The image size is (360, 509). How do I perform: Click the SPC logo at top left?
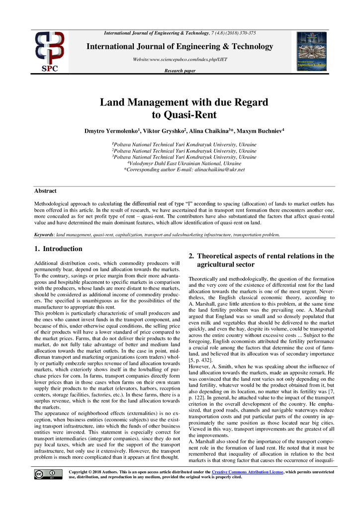[49, 51]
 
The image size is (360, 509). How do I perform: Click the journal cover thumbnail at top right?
[311, 51]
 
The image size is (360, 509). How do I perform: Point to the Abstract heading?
[45, 191]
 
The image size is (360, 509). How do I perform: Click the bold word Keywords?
[44, 234]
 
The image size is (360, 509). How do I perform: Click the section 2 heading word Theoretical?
[219, 256]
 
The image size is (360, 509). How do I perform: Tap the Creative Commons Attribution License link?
[248, 471]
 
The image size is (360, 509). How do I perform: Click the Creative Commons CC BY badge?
[45, 474]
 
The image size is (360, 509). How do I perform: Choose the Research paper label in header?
[180, 71]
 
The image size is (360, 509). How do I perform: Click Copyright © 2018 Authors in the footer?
[93, 471]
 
